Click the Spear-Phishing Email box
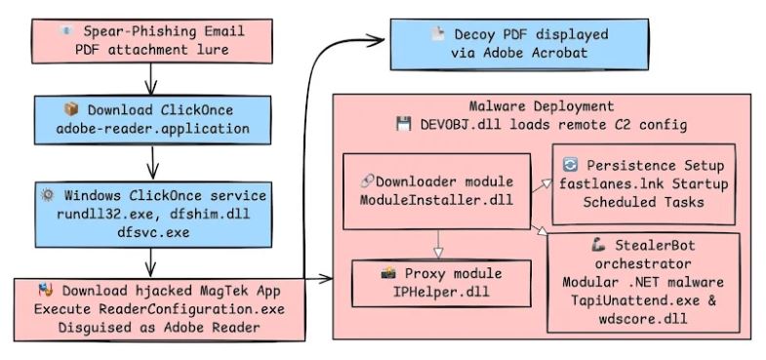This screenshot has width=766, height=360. pos(152,41)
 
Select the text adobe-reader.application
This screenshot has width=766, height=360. pos(153,129)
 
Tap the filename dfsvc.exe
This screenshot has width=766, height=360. pos(153,231)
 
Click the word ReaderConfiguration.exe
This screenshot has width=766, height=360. pos(192,309)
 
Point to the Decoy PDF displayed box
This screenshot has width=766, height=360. pos(519,44)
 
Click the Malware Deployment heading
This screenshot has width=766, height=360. pos(542,106)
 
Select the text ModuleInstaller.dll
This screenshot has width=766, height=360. pos(436,200)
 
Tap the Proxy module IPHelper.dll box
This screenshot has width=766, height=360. pos(441,283)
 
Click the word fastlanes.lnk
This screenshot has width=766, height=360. pos(597,184)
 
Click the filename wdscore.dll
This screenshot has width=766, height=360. pos(643,318)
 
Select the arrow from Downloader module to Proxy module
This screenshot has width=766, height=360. pos(438,244)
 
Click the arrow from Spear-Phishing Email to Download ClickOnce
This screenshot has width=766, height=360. pos(151,79)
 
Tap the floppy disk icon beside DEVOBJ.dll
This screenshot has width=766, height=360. pos(404,124)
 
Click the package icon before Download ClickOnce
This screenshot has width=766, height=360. pos(71,109)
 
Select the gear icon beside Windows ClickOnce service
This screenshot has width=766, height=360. pos(48,195)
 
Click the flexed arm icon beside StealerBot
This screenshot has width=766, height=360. pos(598,245)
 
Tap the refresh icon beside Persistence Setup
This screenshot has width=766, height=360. pos(570,165)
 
